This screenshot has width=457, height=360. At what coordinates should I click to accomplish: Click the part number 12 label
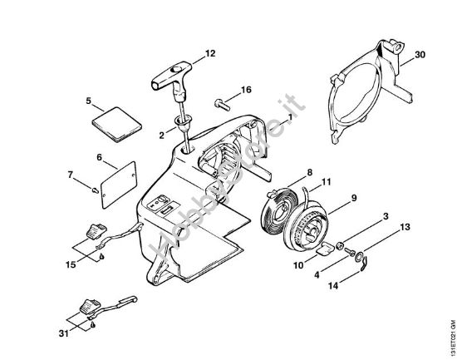click(210, 53)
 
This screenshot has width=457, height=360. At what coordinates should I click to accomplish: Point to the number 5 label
click(88, 101)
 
